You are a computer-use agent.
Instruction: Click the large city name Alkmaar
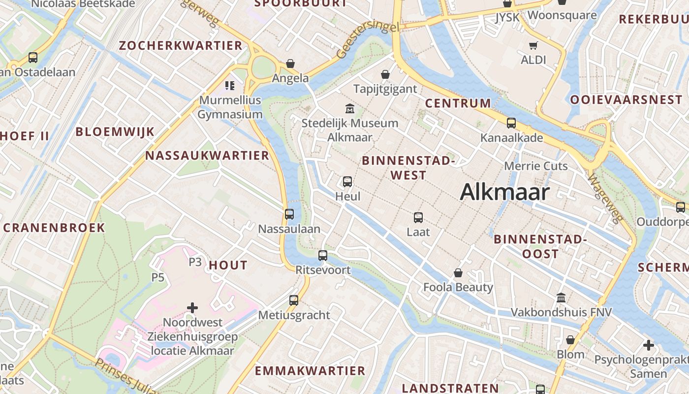coord(504,192)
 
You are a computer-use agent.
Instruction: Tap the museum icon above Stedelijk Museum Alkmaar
coord(350,108)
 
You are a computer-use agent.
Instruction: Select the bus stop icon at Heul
coord(347,182)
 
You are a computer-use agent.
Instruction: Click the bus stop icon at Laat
coord(418,217)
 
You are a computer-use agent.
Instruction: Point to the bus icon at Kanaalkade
coord(511,123)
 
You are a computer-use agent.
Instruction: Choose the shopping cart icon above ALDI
coord(533,46)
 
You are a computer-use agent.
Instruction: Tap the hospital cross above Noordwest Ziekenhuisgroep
coord(192,308)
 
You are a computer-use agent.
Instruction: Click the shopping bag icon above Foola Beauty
coord(458,273)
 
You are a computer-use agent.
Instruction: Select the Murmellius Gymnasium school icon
coord(230,86)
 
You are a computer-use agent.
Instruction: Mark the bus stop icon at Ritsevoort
coord(323,256)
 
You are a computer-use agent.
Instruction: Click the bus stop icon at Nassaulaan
coord(289,214)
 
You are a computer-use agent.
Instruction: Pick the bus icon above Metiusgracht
coord(294,300)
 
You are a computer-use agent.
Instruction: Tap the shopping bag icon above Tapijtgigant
coord(385,74)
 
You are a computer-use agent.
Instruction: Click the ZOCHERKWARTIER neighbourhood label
coord(181,46)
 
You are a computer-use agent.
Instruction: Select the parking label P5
coord(157,277)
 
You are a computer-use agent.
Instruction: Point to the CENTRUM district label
coord(458,103)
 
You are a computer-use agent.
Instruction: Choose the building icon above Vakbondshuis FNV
coord(561,297)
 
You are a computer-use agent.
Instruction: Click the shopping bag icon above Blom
coord(570,340)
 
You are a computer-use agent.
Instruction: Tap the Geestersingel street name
coord(368,39)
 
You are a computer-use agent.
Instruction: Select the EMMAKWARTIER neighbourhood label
coord(310,370)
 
